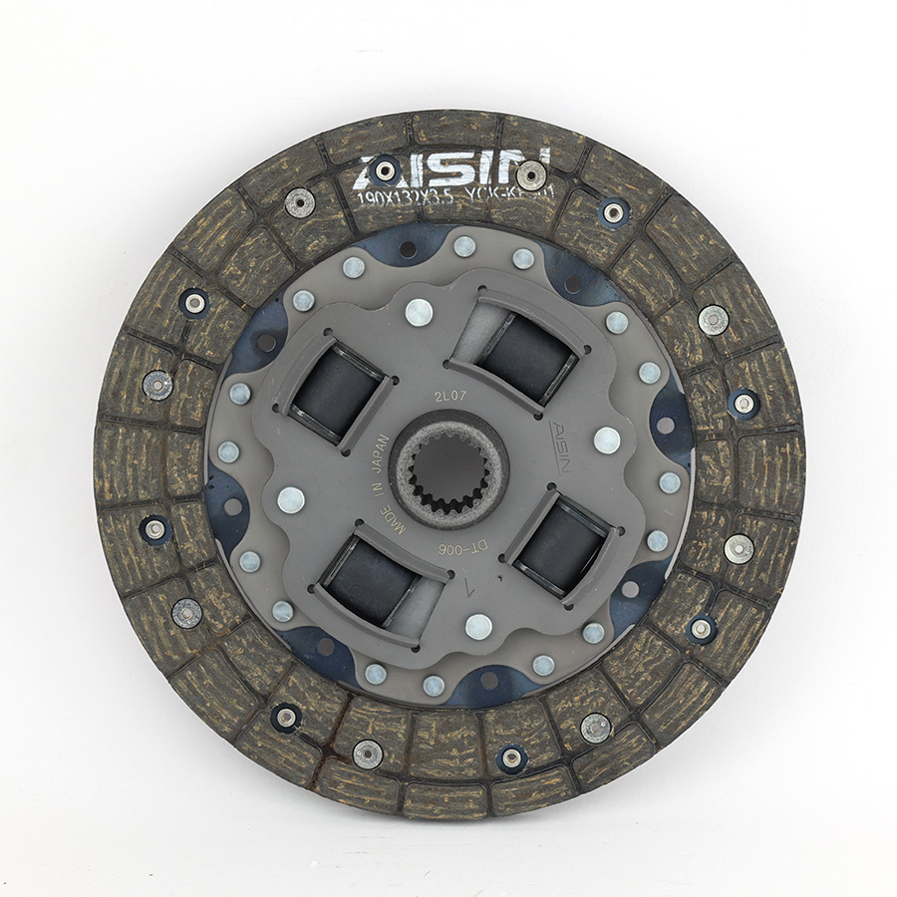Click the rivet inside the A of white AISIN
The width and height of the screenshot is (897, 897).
pyautogui.click(x=385, y=169)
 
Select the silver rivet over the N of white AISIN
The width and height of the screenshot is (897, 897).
pyautogui.click(x=531, y=174)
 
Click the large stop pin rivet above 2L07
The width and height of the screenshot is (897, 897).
pyautogui.click(x=420, y=312)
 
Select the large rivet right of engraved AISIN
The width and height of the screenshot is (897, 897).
pyautogui.click(x=606, y=440)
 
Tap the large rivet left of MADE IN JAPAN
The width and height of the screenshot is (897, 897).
pyautogui.click(x=291, y=500)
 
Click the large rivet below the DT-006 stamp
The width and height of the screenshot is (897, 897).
pyautogui.click(x=478, y=626)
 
